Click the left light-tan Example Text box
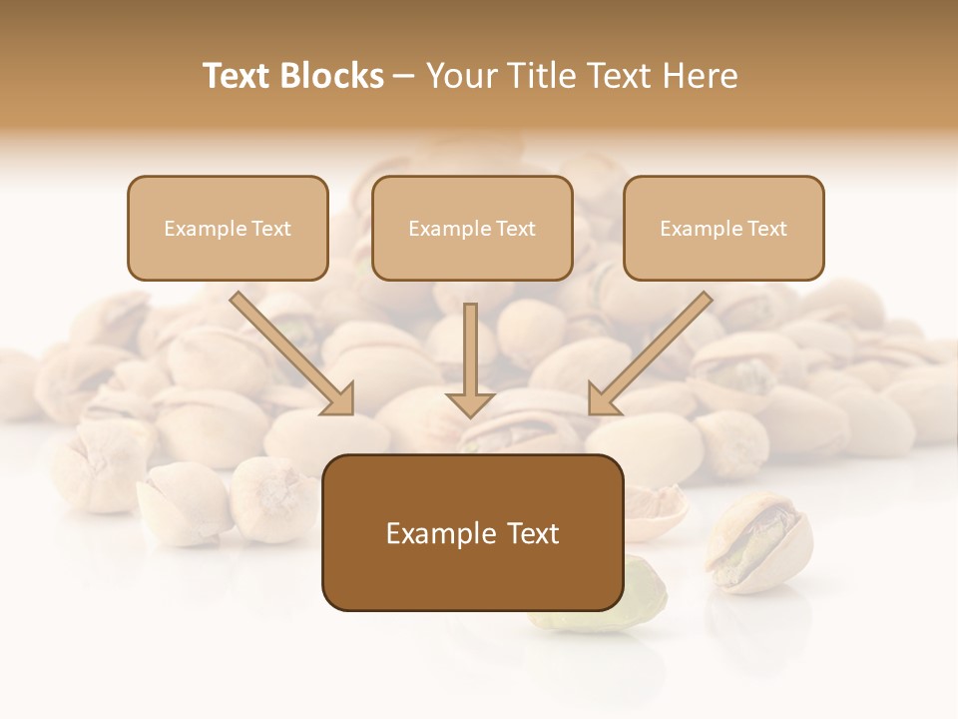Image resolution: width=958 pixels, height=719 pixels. coord(228,228)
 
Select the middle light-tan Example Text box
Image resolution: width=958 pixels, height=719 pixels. coord(472,228)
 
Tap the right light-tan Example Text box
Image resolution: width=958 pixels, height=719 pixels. coord(723,228)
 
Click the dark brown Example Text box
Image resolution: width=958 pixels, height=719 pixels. coord(472,532)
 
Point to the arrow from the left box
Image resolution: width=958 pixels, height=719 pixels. coord(289,352)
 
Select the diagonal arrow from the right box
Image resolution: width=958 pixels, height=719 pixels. coord(651,352)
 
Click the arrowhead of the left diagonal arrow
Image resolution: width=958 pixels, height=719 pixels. coord(339,399)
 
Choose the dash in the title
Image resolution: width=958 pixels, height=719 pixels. coord(404,76)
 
